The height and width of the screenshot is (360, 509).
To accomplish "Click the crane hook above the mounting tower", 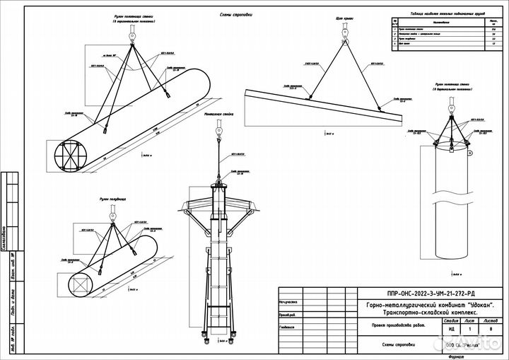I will tap(220, 131).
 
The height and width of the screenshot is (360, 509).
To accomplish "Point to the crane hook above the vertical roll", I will tap(450, 104).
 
